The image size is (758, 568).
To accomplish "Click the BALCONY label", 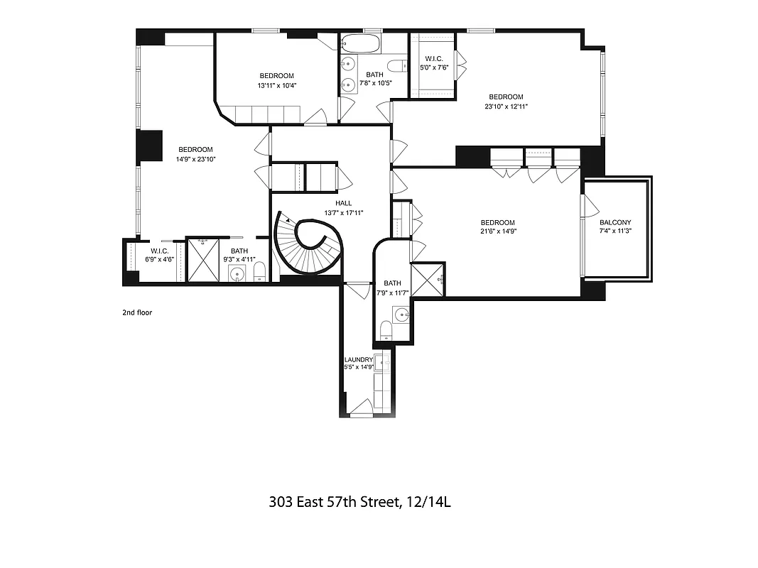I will pos(615,222).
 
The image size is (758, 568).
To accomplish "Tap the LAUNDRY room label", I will pos(359,360).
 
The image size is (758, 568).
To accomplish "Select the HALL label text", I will pos(343,203).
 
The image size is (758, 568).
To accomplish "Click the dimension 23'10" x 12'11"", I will pos(506,106).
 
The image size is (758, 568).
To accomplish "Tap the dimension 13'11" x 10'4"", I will pos(276,86).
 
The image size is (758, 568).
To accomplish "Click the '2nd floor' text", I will pos(137,312).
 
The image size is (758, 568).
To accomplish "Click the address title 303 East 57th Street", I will pos(360,503).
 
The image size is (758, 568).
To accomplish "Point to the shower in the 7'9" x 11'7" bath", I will pos(428,279).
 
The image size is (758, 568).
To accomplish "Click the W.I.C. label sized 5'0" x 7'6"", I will pos(434,58).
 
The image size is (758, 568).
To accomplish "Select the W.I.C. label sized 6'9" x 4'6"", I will pos(158,251).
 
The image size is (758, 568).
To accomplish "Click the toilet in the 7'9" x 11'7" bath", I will pos(386,331).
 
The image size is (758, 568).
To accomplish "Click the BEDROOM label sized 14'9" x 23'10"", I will pos(195,150).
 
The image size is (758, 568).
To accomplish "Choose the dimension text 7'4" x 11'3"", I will pos(615,231).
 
